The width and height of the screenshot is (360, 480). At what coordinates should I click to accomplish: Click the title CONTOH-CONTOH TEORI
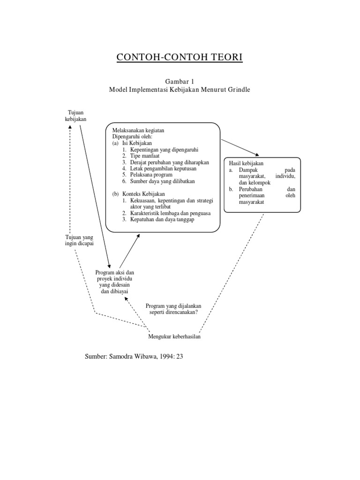[x=180, y=57]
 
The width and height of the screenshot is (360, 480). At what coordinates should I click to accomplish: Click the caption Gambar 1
[x=180, y=82]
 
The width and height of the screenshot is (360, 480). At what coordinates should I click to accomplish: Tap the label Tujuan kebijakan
[x=75, y=116]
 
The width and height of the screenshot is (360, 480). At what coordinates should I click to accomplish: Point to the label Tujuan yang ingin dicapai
[x=79, y=240]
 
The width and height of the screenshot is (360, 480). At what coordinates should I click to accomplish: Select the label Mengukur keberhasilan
[x=174, y=337]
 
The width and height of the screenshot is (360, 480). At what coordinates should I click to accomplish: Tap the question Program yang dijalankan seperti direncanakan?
[x=173, y=309]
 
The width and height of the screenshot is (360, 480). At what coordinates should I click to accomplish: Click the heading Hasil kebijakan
[x=246, y=163]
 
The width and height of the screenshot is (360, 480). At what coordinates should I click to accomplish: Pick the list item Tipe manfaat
[x=141, y=156]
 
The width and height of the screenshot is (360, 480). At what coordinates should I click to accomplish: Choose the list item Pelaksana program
[x=148, y=175]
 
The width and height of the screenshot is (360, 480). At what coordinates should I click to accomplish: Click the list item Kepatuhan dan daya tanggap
[x=158, y=219]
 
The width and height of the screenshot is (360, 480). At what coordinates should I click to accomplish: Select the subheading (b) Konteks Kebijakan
[x=139, y=194]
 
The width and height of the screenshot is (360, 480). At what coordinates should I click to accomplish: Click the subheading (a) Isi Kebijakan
[x=132, y=143]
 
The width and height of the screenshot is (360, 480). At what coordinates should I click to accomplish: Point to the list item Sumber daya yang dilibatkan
[x=158, y=181]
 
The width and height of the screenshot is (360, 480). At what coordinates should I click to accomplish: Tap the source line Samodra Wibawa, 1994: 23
[x=134, y=356]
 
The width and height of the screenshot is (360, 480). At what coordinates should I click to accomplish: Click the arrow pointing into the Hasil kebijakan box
[x=240, y=148]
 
